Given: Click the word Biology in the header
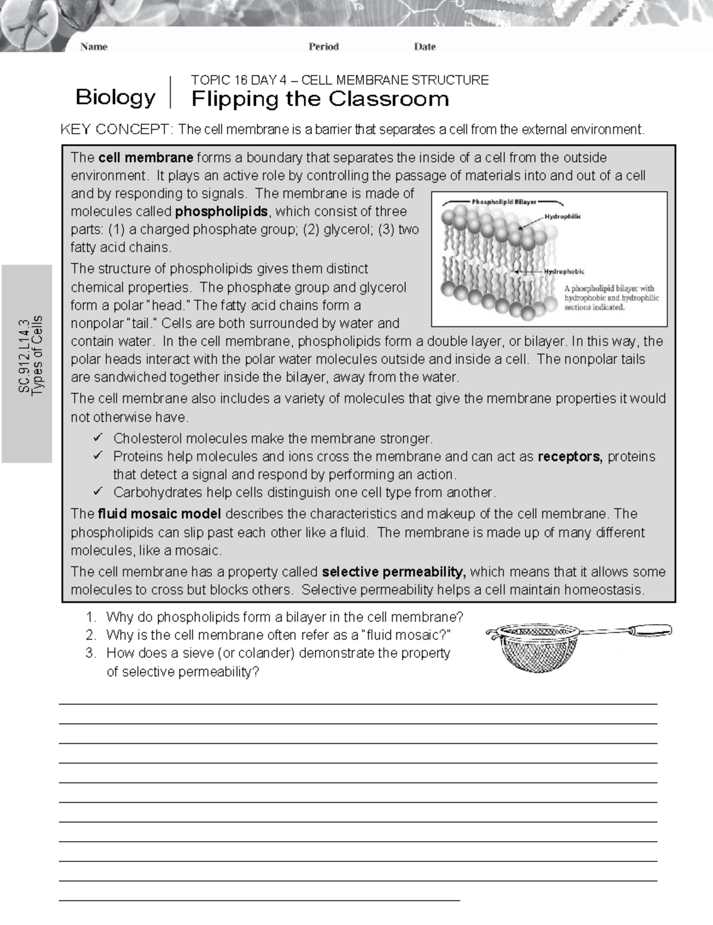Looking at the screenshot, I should [115, 97].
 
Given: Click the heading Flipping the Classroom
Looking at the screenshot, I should [320, 99].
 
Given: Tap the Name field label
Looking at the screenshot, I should [94, 46].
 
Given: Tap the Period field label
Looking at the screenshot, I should [323, 46].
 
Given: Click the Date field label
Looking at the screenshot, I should [425, 46].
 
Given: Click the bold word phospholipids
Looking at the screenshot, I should [222, 212].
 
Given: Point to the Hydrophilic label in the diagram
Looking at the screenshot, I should [563, 216].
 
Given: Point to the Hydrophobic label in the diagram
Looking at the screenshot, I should [564, 272].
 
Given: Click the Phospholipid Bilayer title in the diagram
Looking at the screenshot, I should [504, 202].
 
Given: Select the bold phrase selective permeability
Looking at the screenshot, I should [392, 572].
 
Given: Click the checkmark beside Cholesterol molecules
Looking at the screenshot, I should [98, 438].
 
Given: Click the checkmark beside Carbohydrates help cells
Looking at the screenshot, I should [98, 492].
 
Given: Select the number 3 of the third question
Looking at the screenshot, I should [90, 653].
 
